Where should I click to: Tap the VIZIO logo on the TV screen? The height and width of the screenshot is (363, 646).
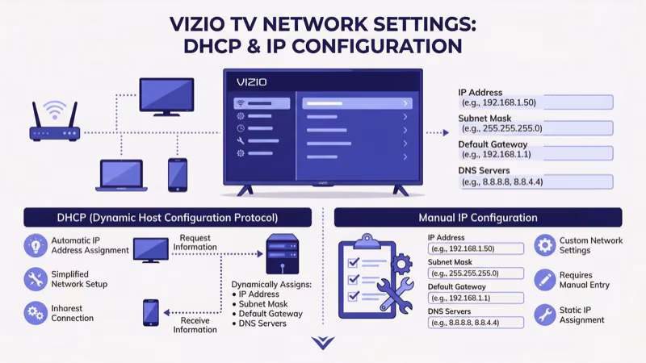click(252, 81)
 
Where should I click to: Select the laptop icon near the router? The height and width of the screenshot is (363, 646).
click(120, 174)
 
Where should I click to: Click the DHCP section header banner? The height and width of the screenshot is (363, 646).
click(167, 217)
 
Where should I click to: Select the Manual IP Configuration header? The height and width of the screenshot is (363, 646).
click(478, 217)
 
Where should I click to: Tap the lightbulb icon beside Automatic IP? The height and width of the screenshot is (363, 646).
click(35, 245)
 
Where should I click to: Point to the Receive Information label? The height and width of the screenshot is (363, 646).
click(195, 324)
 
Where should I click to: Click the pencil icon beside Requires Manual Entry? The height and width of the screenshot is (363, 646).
click(546, 280)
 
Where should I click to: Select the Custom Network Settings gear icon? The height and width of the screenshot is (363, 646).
click(546, 245)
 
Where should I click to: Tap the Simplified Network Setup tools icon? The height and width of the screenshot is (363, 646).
click(35, 280)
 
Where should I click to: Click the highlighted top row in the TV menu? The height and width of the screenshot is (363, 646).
click(357, 103)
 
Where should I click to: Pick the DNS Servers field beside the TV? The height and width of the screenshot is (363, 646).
click(535, 182)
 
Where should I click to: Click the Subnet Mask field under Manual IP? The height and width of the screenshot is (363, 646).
click(476, 273)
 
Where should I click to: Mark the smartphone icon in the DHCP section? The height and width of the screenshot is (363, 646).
click(150, 312)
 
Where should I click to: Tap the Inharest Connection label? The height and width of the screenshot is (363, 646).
click(73, 312)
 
